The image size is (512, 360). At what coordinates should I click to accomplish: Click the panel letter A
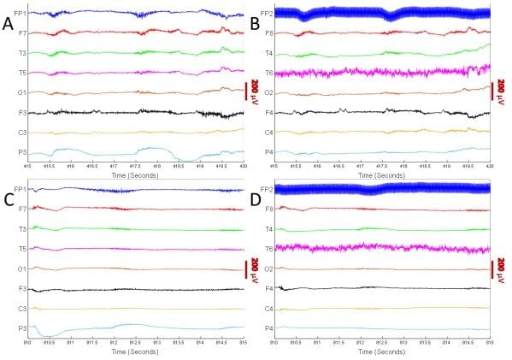9,26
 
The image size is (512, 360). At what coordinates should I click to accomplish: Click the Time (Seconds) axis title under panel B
382,171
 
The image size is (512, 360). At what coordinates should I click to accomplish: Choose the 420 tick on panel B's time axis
489,163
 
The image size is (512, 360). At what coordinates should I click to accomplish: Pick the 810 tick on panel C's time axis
27,340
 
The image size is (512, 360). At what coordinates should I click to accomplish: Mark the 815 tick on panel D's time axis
489,340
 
